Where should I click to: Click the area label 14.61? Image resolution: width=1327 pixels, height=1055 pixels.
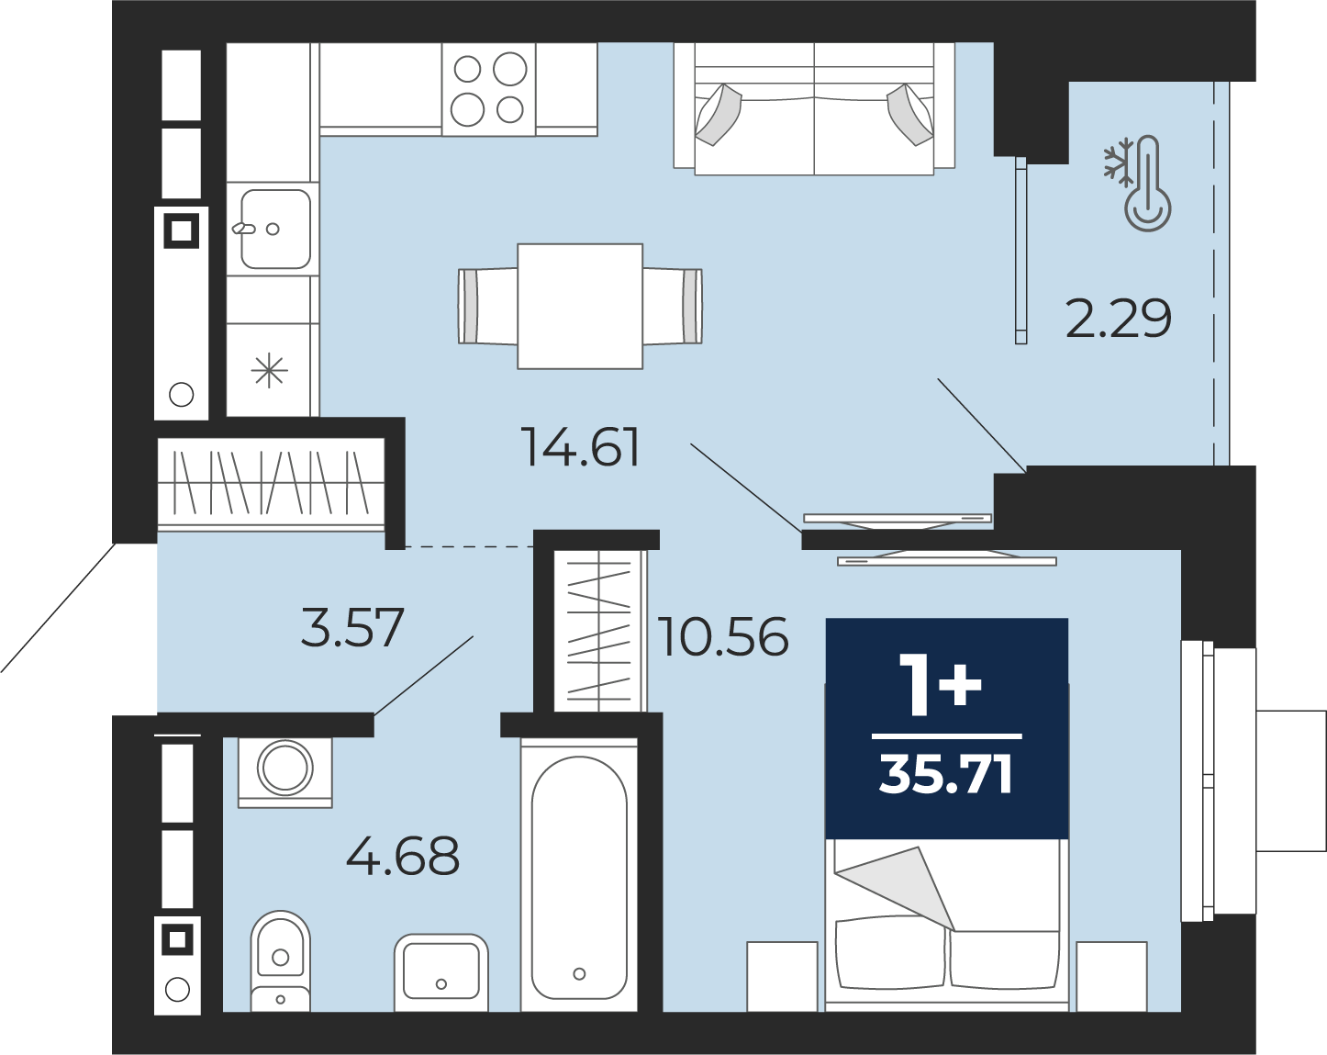(581, 446)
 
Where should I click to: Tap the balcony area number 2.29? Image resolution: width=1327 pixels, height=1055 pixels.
(1118, 319)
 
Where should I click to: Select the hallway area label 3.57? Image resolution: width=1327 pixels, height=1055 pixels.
(352, 627)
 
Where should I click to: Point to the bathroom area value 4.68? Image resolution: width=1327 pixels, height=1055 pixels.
(403, 857)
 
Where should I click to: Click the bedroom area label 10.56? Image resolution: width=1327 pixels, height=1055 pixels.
(723, 636)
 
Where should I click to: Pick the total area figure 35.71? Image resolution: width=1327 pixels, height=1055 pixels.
(946, 776)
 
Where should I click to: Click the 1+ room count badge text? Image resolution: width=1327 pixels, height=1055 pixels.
(941, 685)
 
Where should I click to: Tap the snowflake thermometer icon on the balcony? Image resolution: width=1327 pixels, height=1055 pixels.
(1137, 184)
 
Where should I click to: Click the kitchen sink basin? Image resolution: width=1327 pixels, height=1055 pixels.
(275, 229)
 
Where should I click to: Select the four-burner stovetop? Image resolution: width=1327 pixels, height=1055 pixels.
(488, 89)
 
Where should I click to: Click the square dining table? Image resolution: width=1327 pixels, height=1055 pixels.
(580, 306)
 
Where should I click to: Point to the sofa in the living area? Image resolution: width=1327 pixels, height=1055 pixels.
(814, 108)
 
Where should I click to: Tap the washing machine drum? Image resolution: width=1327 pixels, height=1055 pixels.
(284, 769)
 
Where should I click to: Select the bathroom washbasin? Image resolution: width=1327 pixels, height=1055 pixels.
(440, 972)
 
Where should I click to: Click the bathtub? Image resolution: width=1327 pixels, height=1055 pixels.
(579, 875)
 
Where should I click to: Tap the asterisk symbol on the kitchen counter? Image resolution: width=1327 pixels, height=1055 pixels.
(269, 372)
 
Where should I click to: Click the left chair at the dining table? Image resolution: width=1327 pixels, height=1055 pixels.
(487, 306)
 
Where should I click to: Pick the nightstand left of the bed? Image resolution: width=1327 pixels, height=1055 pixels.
(782, 977)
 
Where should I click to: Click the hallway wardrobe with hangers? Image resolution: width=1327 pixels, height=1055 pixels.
(272, 483)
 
